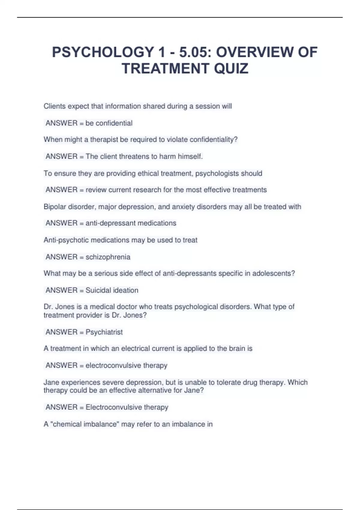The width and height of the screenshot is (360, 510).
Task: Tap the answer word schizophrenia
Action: (x=108, y=257)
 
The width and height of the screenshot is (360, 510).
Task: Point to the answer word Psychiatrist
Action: (x=104, y=332)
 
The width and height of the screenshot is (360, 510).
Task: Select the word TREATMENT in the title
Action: (x=166, y=68)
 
